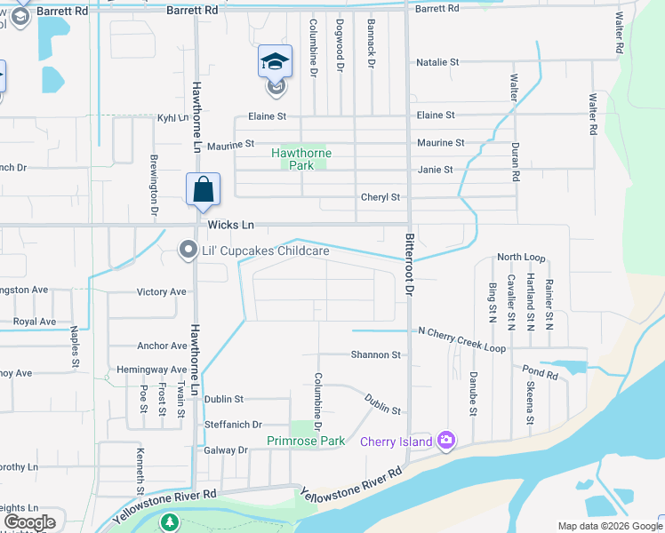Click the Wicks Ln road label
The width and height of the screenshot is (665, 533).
(231, 226)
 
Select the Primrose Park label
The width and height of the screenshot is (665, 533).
(306, 441)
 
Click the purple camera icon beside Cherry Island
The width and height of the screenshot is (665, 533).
(446, 441)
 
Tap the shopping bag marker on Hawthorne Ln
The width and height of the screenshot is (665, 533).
(204, 189)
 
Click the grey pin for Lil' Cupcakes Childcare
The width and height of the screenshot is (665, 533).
(188, 251)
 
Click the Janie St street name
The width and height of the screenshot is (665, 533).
(435, 169)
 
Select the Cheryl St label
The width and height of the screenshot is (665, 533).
(381, 197)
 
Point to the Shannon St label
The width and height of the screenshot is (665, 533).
(375, 354)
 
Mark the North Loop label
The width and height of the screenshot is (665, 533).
(521, 257)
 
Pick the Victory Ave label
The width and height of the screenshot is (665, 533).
(161, 291)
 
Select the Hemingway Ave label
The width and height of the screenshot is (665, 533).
(152, 370)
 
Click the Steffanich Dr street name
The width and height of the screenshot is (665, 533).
(233, 426)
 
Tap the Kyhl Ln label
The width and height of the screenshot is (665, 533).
(172, 117)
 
